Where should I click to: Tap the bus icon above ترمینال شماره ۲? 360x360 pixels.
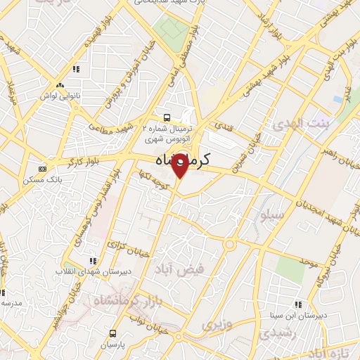pyautogui.click(x=167, y=117)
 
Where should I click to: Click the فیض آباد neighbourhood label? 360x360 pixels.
pyautogui.click(x=201, y=268)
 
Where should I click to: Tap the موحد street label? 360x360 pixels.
pyautogui.click(x=310, y=262)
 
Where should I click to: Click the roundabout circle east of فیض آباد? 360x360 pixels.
pyautogui.click(x=230, y=243)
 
